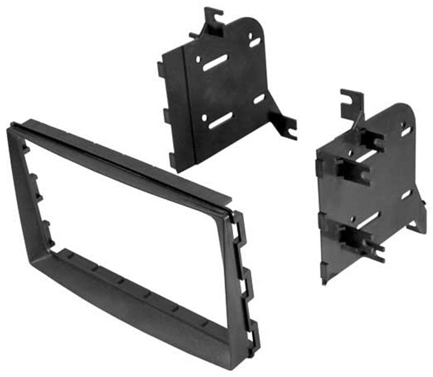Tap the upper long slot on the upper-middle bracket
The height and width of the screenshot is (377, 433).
click(x=215, y=63)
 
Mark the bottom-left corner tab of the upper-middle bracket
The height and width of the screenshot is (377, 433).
click(x=173, y=161)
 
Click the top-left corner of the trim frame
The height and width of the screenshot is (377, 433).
click(x=11, y=128)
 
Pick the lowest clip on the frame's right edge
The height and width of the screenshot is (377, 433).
click(x=254, y=329)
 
